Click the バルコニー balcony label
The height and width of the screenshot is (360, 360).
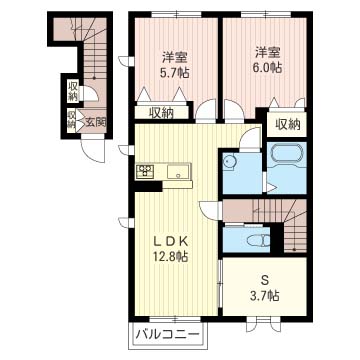(x=168, y=334)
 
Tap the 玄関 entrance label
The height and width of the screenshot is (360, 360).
(x=95, y=122)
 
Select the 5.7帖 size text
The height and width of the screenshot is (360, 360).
(x=175, y=73)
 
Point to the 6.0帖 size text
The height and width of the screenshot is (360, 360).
(x=268, y=68)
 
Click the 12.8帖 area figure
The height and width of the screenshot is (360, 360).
(x=172, y=257)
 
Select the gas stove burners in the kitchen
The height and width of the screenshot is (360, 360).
(x=145, y=171)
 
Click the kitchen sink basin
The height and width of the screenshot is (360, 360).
(x=178, y=172)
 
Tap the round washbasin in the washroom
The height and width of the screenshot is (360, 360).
(x=229, y=162)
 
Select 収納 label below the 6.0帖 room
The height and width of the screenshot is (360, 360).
(x=287, y=125)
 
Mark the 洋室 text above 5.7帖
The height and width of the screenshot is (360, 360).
(x=175, y=58)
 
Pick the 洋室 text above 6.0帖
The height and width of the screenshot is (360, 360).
(x=268, y=53)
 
